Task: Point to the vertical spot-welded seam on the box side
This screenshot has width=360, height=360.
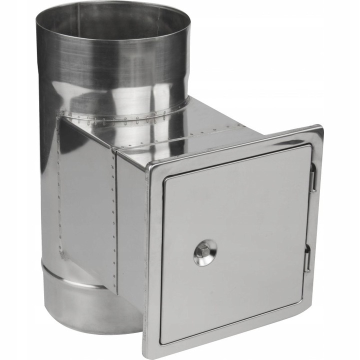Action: coord(114,220)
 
